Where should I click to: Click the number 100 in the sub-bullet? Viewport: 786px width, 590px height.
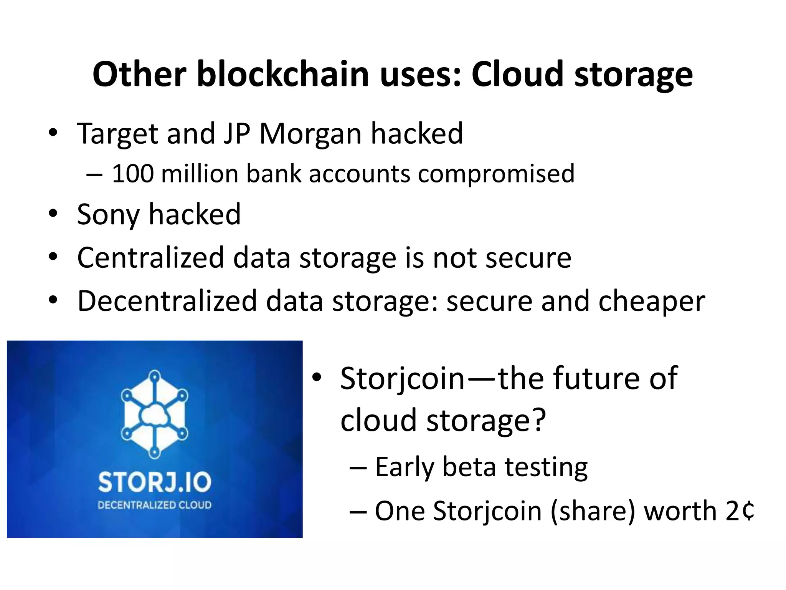point(133,174)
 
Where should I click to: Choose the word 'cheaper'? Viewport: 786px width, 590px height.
point(652,302)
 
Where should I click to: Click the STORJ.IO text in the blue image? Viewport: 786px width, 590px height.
point(155,482)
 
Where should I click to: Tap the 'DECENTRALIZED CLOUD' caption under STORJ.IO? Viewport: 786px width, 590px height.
point(155,505)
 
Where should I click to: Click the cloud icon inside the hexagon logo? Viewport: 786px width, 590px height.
point(154,415)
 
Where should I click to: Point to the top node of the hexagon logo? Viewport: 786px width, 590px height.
point(155,376)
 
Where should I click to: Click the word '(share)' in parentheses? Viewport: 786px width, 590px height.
point(593,511)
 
